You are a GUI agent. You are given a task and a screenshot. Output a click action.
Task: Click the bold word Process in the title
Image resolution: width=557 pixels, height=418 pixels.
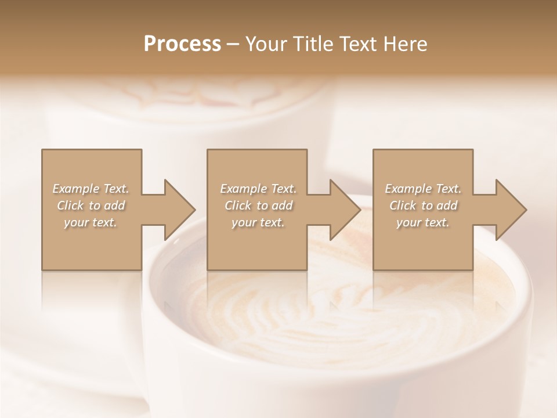click(x=182, y=44)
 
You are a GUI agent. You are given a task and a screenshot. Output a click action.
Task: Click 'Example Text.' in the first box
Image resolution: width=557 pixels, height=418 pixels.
click(x=91, y=189)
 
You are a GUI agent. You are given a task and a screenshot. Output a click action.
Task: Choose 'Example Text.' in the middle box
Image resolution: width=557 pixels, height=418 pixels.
click(x=258, y=189)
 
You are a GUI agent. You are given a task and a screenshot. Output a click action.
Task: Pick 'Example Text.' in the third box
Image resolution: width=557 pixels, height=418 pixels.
click(x=423, y=189)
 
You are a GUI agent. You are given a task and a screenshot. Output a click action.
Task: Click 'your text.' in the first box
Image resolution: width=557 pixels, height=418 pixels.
click(x=91, y=222)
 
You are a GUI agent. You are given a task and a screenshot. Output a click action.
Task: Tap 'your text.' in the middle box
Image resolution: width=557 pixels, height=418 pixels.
click(x=258, y=222)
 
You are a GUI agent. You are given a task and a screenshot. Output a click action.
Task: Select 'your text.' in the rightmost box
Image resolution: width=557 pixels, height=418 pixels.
click(x=423, y=222)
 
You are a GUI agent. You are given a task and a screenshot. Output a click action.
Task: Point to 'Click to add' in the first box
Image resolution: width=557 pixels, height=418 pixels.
click(x=91, y=206)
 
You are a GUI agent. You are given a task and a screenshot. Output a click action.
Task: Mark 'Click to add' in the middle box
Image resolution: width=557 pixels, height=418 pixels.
click(x=258, y=206)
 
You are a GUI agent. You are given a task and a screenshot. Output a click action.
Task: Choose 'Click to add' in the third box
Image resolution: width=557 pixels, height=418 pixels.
click(x=423, y=206)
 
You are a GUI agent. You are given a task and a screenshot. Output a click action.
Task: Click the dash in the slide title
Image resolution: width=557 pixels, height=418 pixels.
click(x=233, y=44)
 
